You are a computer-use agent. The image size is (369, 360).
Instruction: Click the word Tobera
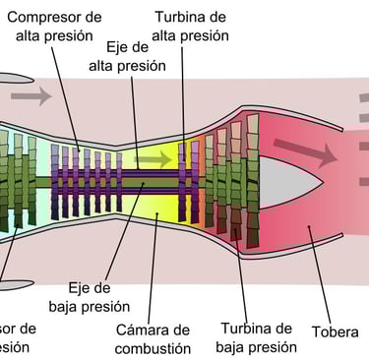pos(335,331)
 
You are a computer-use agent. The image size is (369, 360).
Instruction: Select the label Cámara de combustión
pos(152,338)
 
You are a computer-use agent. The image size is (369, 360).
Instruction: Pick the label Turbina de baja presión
pos(258,337)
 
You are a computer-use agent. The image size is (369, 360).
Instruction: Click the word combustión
pos(152,348)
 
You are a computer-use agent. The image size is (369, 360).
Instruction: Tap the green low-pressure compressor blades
pos(20,182)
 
